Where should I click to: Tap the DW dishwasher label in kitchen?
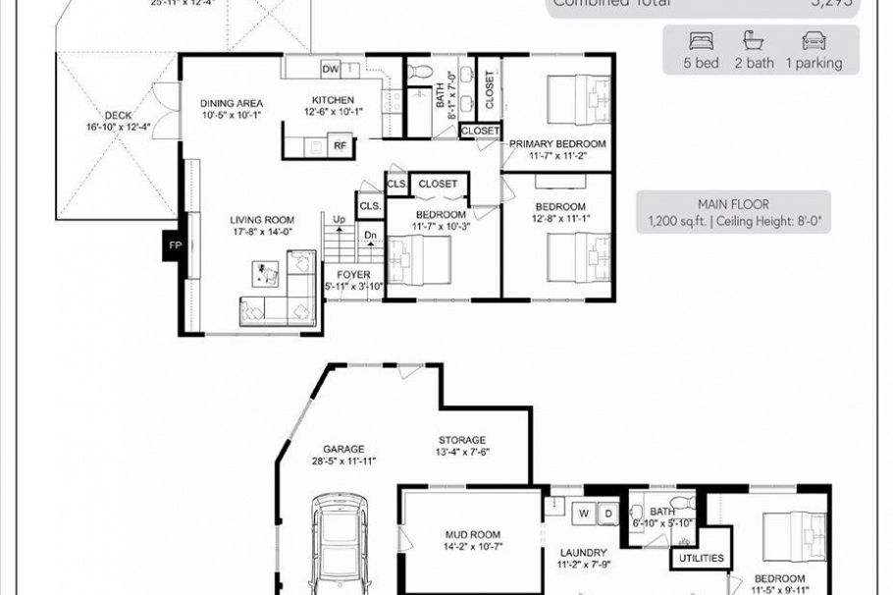click(x=330, y=69)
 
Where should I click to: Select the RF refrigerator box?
click(x=340, y=145)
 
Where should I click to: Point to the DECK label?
click(x=118, y=115)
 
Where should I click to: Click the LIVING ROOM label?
click(x=262, y=220)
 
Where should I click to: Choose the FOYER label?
click(x=353, y=274)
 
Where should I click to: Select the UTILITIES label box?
click(x=701, y=559)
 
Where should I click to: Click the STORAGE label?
click(x=461, y=440)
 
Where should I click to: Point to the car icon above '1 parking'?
click(x=814, y=42)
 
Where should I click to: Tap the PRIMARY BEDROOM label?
click(x=557, y=143)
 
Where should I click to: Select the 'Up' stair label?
click(x=339, y=218)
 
